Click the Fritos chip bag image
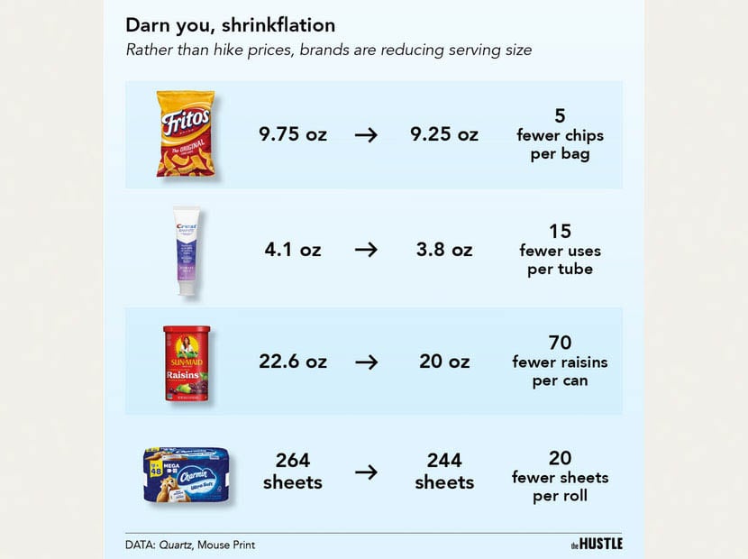point(186,133)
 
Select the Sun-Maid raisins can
point(186,362)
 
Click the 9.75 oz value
point(293,135)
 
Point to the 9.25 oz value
point(444,135)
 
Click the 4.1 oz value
point(293,250)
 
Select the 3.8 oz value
point(444,250)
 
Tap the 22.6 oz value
point(293,362)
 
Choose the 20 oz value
point(444,362)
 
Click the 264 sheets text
point(293,472)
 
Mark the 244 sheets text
point(444,472)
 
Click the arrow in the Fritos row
point(366,135)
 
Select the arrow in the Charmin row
point(366,472)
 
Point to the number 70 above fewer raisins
point(560,343)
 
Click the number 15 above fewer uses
point(560,231)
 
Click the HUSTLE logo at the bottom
point(597,544)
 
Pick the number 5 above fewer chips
point(560,116)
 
